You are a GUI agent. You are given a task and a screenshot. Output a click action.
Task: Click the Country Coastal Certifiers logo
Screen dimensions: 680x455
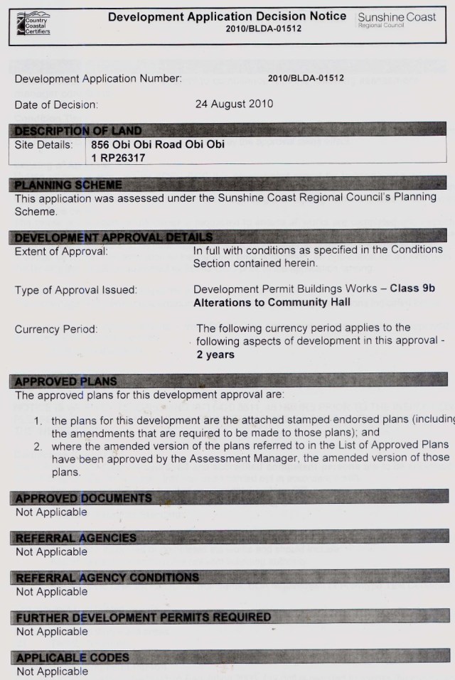coord(32,23)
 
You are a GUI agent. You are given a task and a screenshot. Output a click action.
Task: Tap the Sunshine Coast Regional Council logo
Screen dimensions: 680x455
coord(397,19)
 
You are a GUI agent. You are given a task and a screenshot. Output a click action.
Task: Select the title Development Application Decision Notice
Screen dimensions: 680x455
coord(227,16)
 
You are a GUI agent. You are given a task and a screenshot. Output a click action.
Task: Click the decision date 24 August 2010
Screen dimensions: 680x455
coord(234,104)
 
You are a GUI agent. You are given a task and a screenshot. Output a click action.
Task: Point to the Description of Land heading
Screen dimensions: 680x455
coord(78,130)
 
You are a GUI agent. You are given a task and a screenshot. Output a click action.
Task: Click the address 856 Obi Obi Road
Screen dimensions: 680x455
coord(158,144)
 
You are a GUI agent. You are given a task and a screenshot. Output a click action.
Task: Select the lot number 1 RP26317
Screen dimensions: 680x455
coord(118,158)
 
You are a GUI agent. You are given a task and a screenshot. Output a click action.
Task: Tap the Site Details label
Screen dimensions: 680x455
coord(43,144)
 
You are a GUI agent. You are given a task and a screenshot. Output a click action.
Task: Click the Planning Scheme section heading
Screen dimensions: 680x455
coord(68,185)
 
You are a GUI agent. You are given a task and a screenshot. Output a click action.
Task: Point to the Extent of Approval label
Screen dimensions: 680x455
coord(61,251)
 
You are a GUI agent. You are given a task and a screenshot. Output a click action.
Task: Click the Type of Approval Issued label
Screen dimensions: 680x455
coord(76,290)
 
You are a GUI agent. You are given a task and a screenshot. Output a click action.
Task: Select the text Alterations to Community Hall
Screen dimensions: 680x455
coord(272,302)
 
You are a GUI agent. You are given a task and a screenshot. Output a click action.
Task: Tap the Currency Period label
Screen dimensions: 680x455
coord(56,329)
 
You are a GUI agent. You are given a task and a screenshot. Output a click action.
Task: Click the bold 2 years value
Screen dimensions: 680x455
coord(215,355)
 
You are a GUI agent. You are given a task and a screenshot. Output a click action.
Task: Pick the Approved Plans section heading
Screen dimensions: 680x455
coord(66,381)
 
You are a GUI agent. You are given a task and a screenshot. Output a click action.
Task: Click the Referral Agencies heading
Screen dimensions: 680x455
coord(75,538)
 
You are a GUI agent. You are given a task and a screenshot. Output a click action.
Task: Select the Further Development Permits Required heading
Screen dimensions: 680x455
coord(143,617)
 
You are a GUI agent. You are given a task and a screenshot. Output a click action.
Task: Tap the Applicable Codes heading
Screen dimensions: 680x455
coord(72,657)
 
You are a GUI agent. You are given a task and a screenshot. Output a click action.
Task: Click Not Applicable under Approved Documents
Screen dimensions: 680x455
coord(52,512)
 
